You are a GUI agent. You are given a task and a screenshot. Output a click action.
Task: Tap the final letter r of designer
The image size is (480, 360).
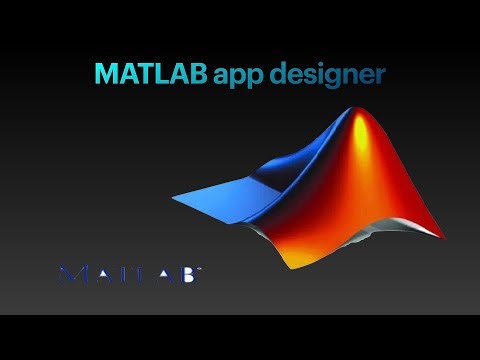380,75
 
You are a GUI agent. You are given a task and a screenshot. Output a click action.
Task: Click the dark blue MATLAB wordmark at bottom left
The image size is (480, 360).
129,273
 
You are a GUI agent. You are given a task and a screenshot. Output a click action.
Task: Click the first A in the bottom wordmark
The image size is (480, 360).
99,273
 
